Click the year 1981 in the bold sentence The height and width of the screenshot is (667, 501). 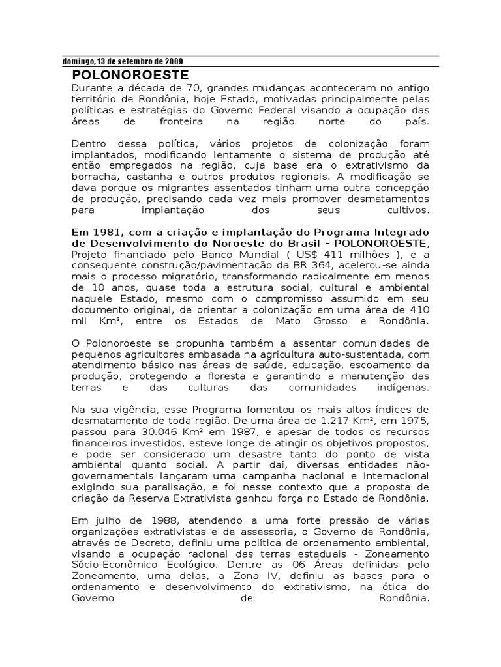[x=102, y=233]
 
